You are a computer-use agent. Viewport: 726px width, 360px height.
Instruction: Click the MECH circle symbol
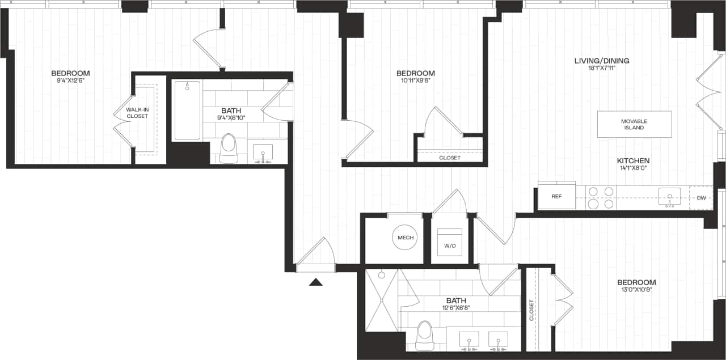tap(406, 238)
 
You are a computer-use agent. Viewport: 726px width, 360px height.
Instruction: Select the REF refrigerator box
tap(556, 196)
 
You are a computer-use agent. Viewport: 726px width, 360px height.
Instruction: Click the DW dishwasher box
tap(701, 198)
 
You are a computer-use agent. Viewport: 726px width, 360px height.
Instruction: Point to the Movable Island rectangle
tap(634, 124)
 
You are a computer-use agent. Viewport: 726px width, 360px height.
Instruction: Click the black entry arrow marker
tap(316, 281)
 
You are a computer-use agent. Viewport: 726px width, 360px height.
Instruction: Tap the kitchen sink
tap(669, 197)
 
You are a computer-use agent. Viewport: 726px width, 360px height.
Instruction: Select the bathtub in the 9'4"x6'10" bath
tap(187, 110)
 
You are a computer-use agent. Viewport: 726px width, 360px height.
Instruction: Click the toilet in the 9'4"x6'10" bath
tap(229, 147)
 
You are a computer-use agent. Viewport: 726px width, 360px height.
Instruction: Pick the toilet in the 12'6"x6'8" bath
tap(424, 336)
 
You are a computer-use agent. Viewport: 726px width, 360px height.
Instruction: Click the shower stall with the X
tap(381, 300)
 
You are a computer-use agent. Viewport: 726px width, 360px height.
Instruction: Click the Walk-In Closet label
tap(137, 112)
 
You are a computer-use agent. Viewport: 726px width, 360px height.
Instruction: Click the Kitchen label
tap(633, 161)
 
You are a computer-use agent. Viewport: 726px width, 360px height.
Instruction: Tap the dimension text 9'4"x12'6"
tap(70, 81)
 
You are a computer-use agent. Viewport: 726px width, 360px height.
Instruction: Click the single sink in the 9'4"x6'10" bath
tap(262, 153)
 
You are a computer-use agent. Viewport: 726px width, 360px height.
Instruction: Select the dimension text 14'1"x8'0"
tap(633, 168)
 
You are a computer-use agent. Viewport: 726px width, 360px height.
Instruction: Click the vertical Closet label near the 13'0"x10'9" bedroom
tap(532, 310)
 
